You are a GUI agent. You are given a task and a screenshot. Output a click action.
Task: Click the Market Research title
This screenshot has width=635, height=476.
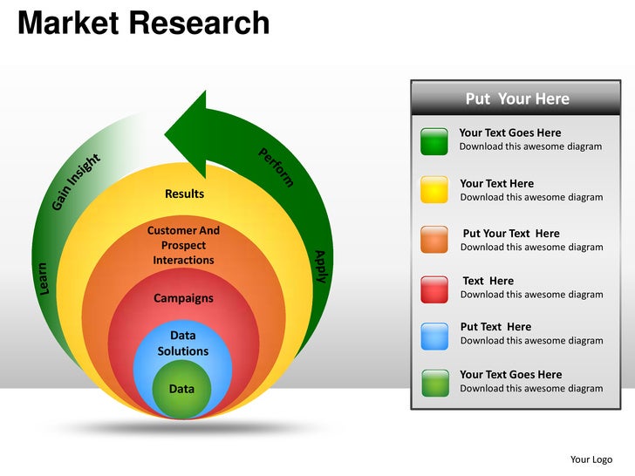click(144, 23)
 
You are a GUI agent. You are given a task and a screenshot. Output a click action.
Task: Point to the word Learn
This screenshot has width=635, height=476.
click(44, 277)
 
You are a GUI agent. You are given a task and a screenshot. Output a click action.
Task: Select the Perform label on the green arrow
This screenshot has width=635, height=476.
click(277, 167)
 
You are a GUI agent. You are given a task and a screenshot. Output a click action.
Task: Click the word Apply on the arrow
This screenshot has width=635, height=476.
click(320, 266)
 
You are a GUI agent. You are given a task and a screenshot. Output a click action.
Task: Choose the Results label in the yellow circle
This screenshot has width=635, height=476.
click(184, 194)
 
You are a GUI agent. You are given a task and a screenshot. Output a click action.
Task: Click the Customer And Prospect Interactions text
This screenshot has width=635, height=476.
click(183, 245)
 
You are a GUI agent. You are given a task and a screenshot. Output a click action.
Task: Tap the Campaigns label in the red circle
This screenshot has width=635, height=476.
click(183, 298)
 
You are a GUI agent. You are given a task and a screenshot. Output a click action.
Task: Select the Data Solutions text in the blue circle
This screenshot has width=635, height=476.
click(183, 343)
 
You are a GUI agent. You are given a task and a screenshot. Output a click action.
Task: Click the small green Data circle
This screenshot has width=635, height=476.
click(181, 389)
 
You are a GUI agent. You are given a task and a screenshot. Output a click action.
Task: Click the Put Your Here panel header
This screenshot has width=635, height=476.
click(517, 99)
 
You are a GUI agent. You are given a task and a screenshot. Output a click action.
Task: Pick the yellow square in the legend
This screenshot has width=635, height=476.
click(434, 189)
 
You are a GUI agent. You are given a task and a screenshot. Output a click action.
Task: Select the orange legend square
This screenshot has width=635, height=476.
click(434, 239)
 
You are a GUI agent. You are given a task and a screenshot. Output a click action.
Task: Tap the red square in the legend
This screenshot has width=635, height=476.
click(434, 289)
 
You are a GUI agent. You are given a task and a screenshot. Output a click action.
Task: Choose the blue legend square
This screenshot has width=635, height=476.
click(434, 336)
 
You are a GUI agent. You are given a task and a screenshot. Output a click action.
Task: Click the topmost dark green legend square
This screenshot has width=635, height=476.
click(434, 140)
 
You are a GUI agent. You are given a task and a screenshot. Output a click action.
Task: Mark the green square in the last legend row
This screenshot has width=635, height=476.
click(434, 383)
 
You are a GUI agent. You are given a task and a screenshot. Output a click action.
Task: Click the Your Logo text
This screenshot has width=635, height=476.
click(591, 459)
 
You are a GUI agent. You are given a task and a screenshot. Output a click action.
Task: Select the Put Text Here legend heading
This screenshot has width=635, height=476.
click(495, 327)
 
